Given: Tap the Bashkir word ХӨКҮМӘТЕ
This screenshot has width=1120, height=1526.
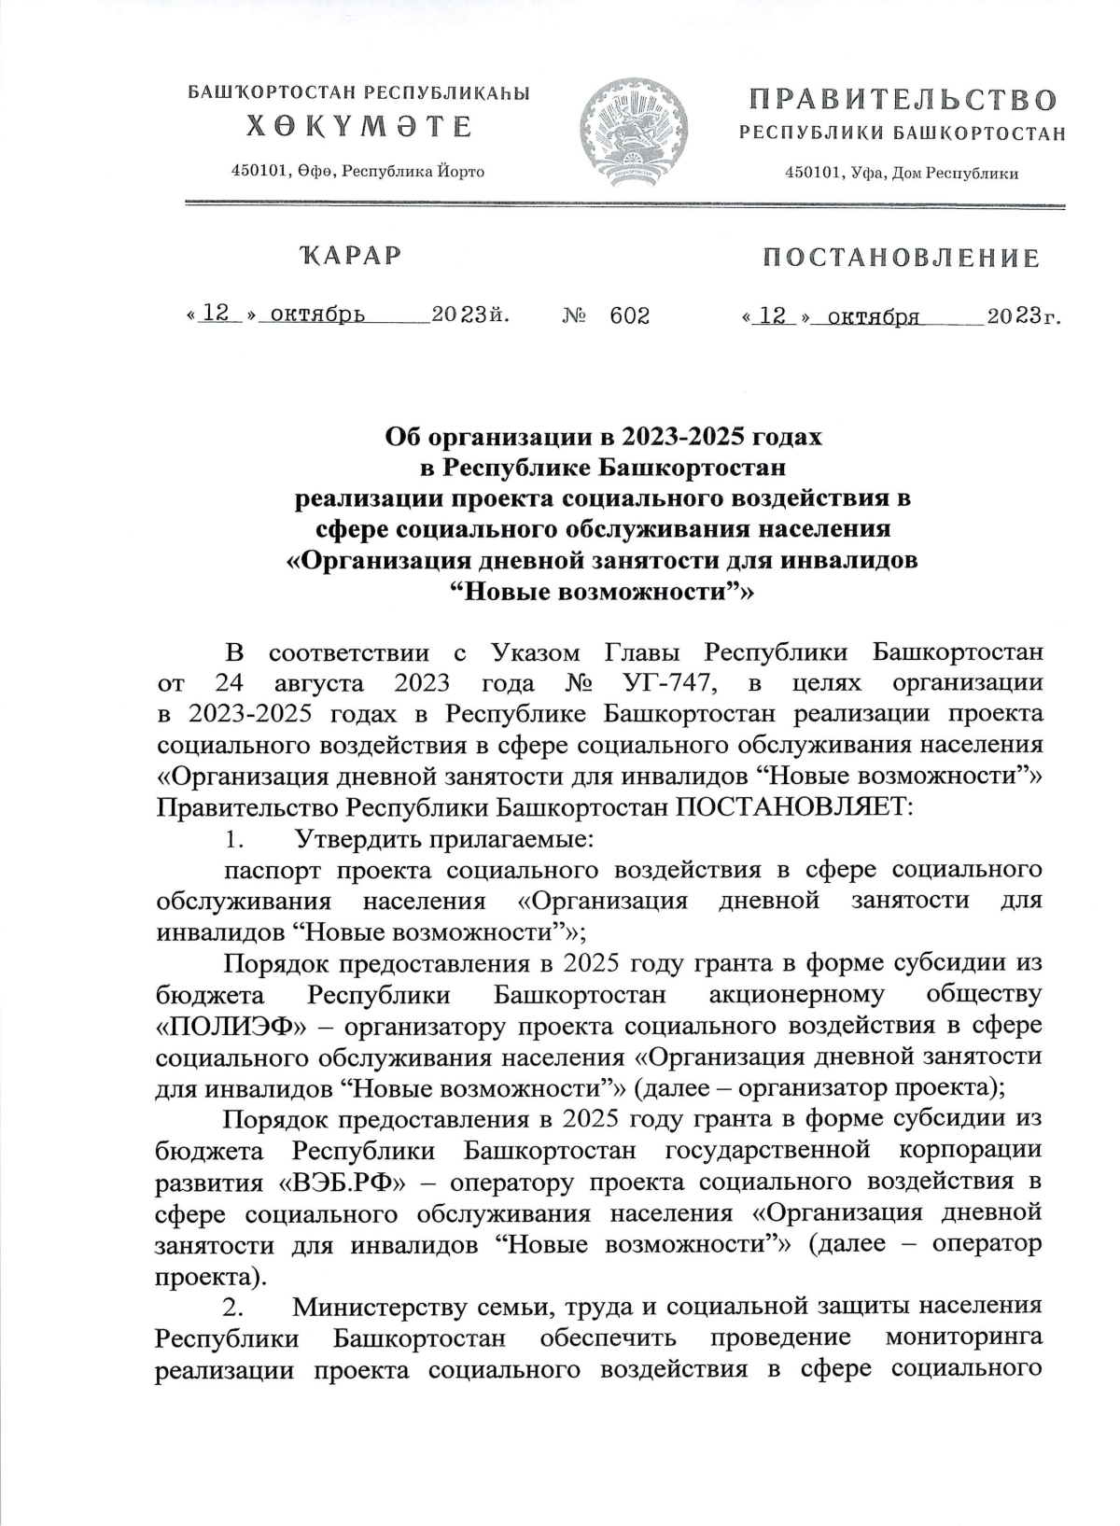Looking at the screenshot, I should [358, 126].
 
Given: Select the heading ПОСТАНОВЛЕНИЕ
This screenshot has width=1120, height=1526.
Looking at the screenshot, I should [902, 258].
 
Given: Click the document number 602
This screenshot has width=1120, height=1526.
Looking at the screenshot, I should [629, 316].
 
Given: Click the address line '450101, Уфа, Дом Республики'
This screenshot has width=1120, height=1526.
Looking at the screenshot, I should [902, 173].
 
